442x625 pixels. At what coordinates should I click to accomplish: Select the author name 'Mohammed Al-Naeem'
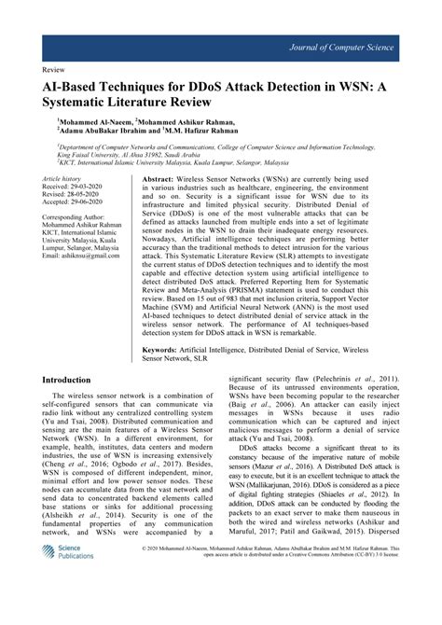94,121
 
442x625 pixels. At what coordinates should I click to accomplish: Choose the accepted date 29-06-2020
91,201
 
